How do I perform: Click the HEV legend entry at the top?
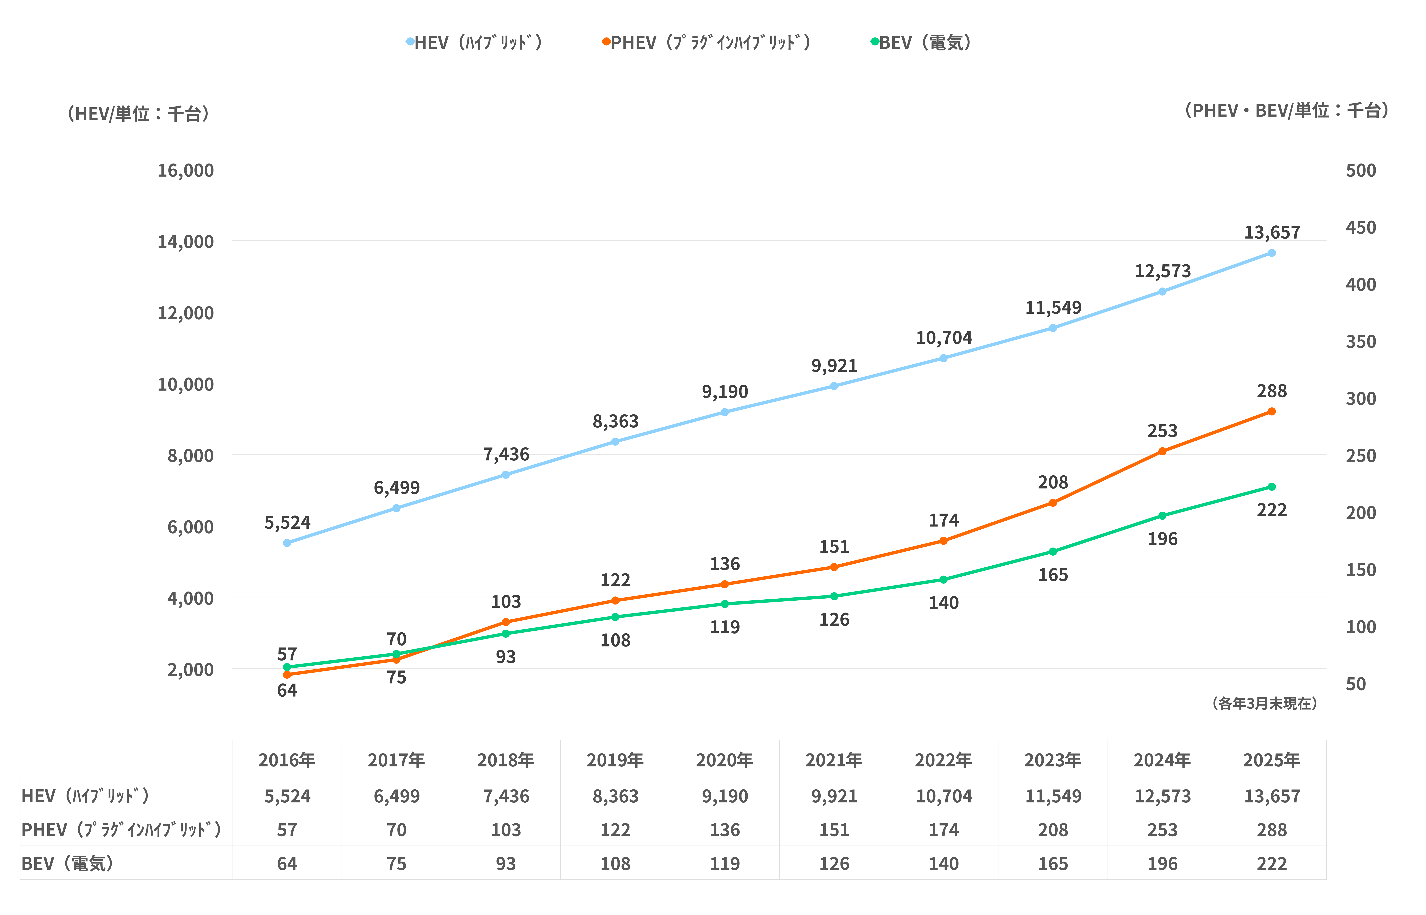pos(475,43)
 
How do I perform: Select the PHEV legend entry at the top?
pos(707,43)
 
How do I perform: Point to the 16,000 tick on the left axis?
pos(185,171)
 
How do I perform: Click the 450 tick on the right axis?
pos(1361,228)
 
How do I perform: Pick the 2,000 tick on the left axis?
pos(190,670)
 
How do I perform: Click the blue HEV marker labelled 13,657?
pos(1272,253)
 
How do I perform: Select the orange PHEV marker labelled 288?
pos(1272,412)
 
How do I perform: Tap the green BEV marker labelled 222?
pos(1272,487)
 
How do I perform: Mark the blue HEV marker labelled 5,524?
pos(287,543)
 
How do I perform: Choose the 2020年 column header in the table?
pos(725,760)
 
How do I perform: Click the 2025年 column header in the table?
pos(1272,760)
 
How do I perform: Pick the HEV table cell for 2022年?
pos(944,796)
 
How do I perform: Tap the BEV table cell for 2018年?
pos(506,864)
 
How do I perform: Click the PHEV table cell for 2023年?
pos(1053,830)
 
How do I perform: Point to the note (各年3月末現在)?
pos(1265,704)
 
